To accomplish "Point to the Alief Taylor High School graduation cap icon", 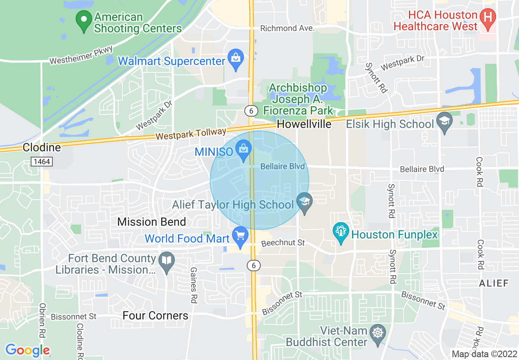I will [304, 203].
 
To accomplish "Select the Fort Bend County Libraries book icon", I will [166, 263].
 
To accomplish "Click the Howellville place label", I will [304, 124].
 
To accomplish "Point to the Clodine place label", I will [42, 147].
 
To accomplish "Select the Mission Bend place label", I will [151, 222].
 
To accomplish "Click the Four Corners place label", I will [156, 315].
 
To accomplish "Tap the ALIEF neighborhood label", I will [494, 283].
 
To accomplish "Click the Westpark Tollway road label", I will [191, 134].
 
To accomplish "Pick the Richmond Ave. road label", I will [287, 28].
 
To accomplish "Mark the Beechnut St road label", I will [283, 243].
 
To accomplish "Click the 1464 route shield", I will [42, 162].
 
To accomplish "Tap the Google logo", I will [27, 350].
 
